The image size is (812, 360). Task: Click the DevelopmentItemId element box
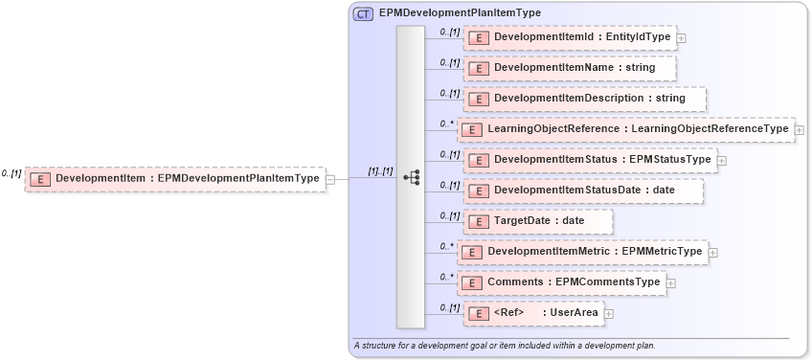[569, 38]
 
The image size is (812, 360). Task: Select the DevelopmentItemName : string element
[569, 68]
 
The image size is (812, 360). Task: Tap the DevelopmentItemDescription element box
[584, 99]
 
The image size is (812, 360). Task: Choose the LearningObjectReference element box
[625, 129]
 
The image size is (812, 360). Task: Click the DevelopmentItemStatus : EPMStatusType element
[590, 160]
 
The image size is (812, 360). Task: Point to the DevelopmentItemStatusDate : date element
[582, 191]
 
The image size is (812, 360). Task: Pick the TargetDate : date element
[537, 221]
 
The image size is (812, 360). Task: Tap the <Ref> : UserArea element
[531, 313]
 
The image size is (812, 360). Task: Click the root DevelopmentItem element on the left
[174, 178]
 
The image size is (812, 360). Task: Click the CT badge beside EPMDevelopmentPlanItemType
[364, 13]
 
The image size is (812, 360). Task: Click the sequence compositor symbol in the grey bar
[411, 177]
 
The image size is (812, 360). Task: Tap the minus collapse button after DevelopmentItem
[330, 178]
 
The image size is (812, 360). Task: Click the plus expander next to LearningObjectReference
[800, 129]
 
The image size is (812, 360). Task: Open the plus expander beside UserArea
[608, 313]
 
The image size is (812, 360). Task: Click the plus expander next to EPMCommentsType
[671, 282]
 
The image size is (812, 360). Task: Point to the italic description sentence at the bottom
[504, 345]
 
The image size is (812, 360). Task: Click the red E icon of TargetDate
[478, 221]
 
